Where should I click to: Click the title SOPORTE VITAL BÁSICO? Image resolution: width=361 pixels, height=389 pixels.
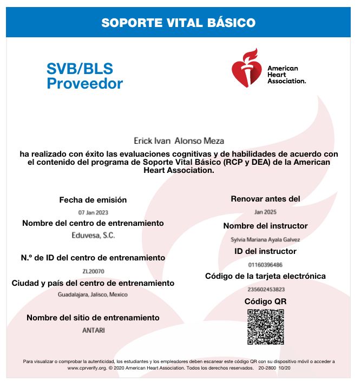click(x=178, y=23)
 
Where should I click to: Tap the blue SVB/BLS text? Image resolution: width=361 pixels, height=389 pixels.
click(x=79, y=69)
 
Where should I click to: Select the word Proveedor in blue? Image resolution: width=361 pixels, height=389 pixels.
click(x=84, y=84)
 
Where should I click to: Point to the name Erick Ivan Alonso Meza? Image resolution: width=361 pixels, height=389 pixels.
click(x=178, y=141)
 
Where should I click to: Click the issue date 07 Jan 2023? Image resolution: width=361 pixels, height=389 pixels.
click(x=93, y=212)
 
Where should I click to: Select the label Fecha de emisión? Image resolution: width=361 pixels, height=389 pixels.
click(x=93, y=200)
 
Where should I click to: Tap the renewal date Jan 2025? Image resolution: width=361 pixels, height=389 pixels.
click(x=265, y=212)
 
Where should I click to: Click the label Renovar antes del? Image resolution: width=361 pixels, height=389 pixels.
click(x=265, y=199)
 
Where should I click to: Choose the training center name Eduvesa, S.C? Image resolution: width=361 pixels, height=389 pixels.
click(x=93, y=236)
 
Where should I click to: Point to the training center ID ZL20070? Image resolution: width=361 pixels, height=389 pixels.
click(x=93, y=271)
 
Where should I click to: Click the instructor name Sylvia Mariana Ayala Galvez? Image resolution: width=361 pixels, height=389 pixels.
click(x=265, y=239)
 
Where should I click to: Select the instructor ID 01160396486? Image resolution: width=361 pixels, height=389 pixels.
click(x=265, y=264)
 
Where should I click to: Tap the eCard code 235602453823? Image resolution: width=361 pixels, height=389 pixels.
click(x=265, y=289)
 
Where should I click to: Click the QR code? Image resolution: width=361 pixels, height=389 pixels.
click(x=265, y=327)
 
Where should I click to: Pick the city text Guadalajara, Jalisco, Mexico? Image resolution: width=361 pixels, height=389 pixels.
click(x=93, y=295)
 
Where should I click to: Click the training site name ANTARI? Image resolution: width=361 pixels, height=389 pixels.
click(x=93, y=330)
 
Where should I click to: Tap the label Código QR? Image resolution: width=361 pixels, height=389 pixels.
click(x=265, y=301)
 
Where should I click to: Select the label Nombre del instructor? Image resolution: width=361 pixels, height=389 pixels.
click(x=265, y=226)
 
